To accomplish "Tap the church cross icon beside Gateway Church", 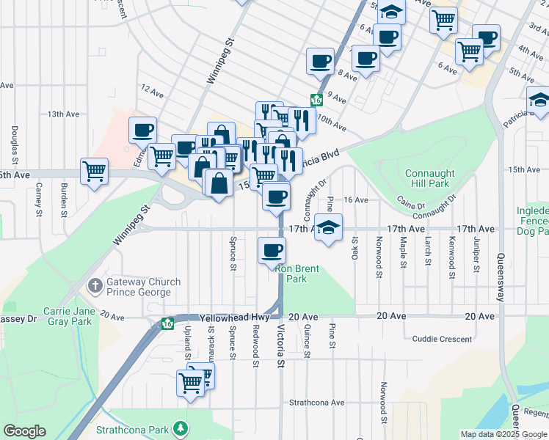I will (95, 285).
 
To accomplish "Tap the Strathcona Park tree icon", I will (178, 428).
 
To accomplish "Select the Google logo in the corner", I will (24, 431).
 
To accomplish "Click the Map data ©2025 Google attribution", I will (504, 434).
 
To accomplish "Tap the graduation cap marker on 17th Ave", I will (328, 228).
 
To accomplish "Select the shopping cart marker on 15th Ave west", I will (95, 172).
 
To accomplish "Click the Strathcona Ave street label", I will (316, 403).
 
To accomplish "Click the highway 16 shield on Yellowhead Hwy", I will (167, 323).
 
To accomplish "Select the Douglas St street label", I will (15, 138).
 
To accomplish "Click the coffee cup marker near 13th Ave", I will (143, 131).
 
